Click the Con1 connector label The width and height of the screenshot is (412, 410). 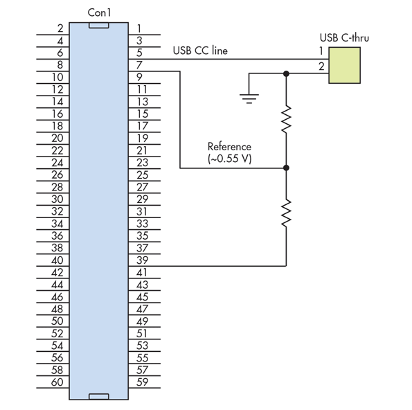point(98,13)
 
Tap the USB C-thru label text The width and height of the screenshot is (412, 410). point(344,37)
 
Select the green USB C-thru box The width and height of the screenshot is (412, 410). point(344,66)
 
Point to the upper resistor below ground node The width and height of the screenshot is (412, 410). point(286,119)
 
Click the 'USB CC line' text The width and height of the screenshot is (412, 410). point(199,51)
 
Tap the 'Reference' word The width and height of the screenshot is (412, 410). point(229,147)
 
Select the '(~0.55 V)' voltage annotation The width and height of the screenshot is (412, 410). point(229,159)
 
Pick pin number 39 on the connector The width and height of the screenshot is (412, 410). point(143,260)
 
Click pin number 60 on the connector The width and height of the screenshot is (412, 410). point(57,382)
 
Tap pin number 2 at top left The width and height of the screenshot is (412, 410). point(60,28)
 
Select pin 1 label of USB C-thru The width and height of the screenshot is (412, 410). point(321,51)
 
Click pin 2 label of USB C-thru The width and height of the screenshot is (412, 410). point(321,66)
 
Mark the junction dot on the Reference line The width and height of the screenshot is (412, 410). point(286,168)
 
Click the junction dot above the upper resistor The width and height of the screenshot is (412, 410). point(286,73)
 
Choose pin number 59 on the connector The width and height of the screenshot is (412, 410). point(143,382)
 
